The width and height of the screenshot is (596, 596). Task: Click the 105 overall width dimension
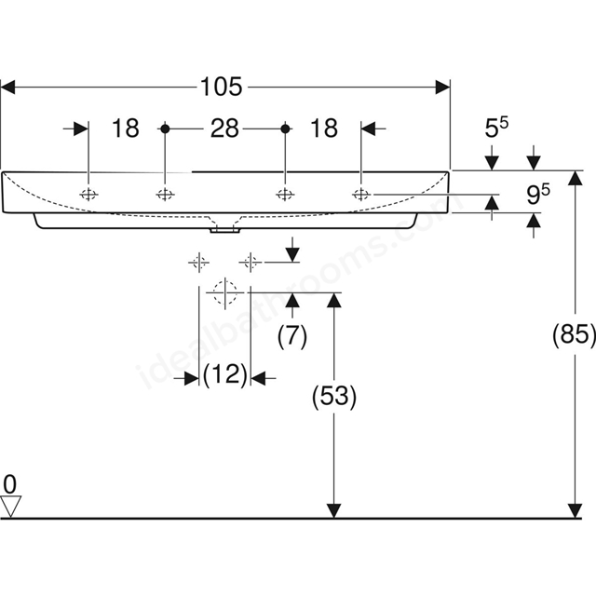(221, 87)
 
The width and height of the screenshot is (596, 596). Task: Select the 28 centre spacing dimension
(224, 129)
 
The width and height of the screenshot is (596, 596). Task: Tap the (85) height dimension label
(574, 335)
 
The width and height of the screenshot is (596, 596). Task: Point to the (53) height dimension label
(334, 397)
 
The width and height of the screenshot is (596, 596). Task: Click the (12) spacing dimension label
(225, 374)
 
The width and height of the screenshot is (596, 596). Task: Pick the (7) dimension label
(291, 336)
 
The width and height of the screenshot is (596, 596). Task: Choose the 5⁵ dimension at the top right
(496, 128)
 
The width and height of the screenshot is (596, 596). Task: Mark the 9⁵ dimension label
(538, 194)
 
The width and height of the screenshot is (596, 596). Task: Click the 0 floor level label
(10, 484)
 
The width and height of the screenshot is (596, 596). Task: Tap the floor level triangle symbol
(10, 507)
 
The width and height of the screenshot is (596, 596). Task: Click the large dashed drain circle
(225, 292)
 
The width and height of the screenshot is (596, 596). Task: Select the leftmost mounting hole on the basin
(88, 195)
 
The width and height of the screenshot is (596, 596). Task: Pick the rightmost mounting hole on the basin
(360, 195)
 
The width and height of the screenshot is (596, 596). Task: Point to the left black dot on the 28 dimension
(165, 129)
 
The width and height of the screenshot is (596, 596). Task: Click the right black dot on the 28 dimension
(285, 129)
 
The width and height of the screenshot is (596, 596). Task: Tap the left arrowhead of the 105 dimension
(7, 87)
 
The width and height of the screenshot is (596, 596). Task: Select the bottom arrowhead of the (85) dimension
(576, 510)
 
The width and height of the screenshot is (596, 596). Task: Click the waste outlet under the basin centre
(224, 229)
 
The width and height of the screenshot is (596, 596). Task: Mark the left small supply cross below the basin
(198, 263)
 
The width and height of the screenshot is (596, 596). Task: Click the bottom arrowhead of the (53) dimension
(333, 510)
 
